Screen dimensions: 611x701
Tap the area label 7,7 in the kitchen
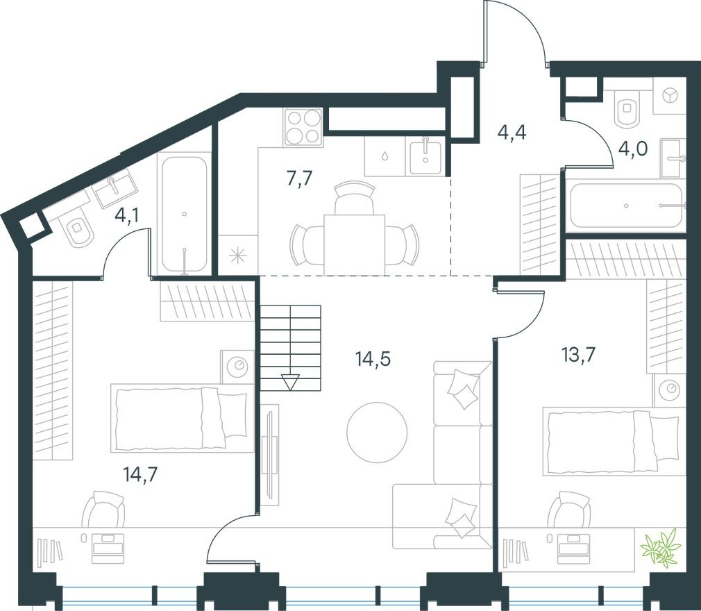click(x=299, y=178)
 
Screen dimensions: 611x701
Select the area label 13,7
click(x=578, y=355)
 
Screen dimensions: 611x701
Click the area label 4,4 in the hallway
click(x=512, y=132)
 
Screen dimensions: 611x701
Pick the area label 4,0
click(x=632, y=149)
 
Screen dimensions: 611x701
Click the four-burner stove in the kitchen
click(x=303, y=127)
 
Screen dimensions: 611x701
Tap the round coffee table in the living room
click(x=377, y=433)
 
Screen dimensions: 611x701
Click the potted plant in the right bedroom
click(x=660, y=548)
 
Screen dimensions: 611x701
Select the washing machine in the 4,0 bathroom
click(x=670, y=97)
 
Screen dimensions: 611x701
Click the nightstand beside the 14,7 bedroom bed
click(x=238, y=365)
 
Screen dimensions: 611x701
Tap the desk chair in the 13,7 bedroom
click(x=569, y=514)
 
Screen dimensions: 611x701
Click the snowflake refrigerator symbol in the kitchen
click(x=237, y=256)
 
